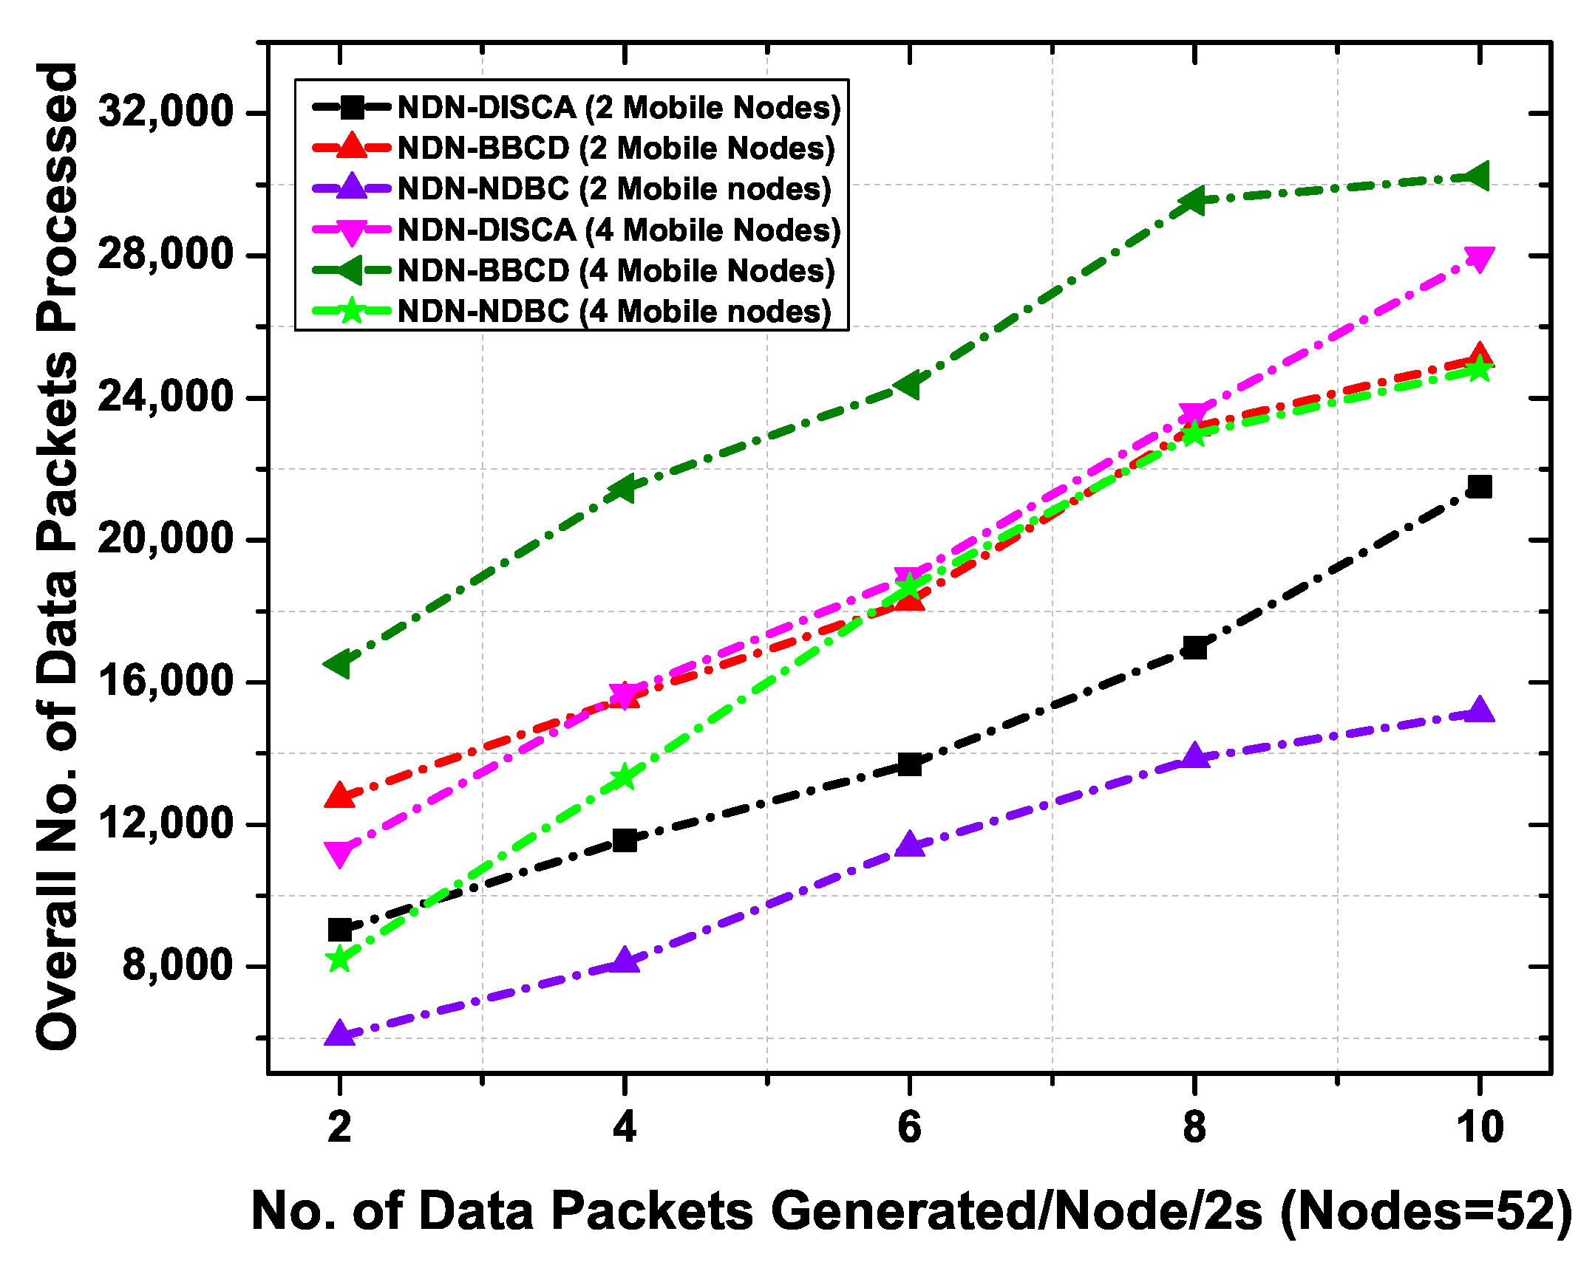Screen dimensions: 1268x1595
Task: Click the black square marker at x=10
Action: [1479, 487]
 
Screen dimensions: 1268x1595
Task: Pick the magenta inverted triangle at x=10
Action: [1479, 258]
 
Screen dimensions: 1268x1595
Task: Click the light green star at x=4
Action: [625, 778]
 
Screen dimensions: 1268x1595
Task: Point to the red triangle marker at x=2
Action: [339, 795]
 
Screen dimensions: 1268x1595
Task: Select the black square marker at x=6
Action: [909, 764]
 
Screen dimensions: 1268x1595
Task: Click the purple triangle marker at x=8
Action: [1194, 756]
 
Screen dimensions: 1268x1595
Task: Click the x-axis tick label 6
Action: [909, 1128]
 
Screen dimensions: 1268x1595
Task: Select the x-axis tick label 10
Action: [1479, 1128]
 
